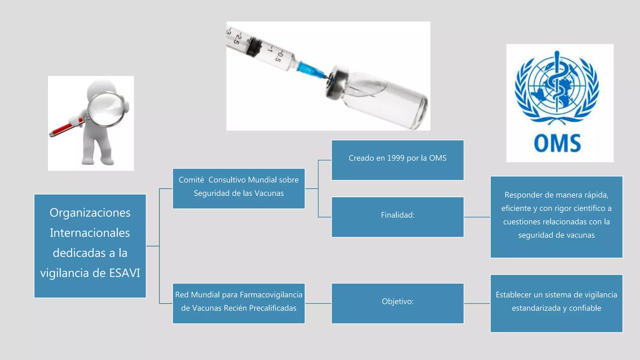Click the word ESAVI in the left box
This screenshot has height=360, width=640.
[124, 273]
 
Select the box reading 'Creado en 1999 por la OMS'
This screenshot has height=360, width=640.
[397, 160]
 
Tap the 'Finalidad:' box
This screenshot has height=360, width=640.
[397, 217]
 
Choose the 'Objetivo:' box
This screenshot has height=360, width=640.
[397, 303]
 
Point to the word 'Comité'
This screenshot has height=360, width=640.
[191, 180]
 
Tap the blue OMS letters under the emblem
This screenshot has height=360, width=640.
[557, 143]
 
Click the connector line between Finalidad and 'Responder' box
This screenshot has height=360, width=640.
[477, 217]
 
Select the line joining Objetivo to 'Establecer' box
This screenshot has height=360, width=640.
[477, 303]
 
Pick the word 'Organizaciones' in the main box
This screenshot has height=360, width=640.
[90, 213]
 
